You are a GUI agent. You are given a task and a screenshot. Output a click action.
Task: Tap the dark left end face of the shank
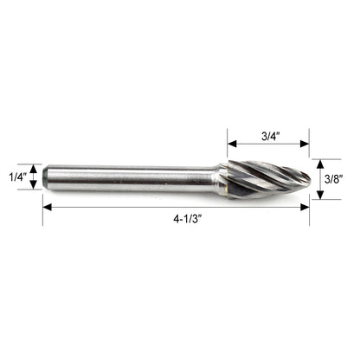44,177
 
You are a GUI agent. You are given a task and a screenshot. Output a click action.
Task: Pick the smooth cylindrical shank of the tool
130,177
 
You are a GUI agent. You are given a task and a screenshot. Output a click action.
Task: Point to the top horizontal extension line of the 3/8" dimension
316,157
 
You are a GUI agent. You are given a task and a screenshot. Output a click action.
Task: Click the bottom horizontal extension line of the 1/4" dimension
35,190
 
